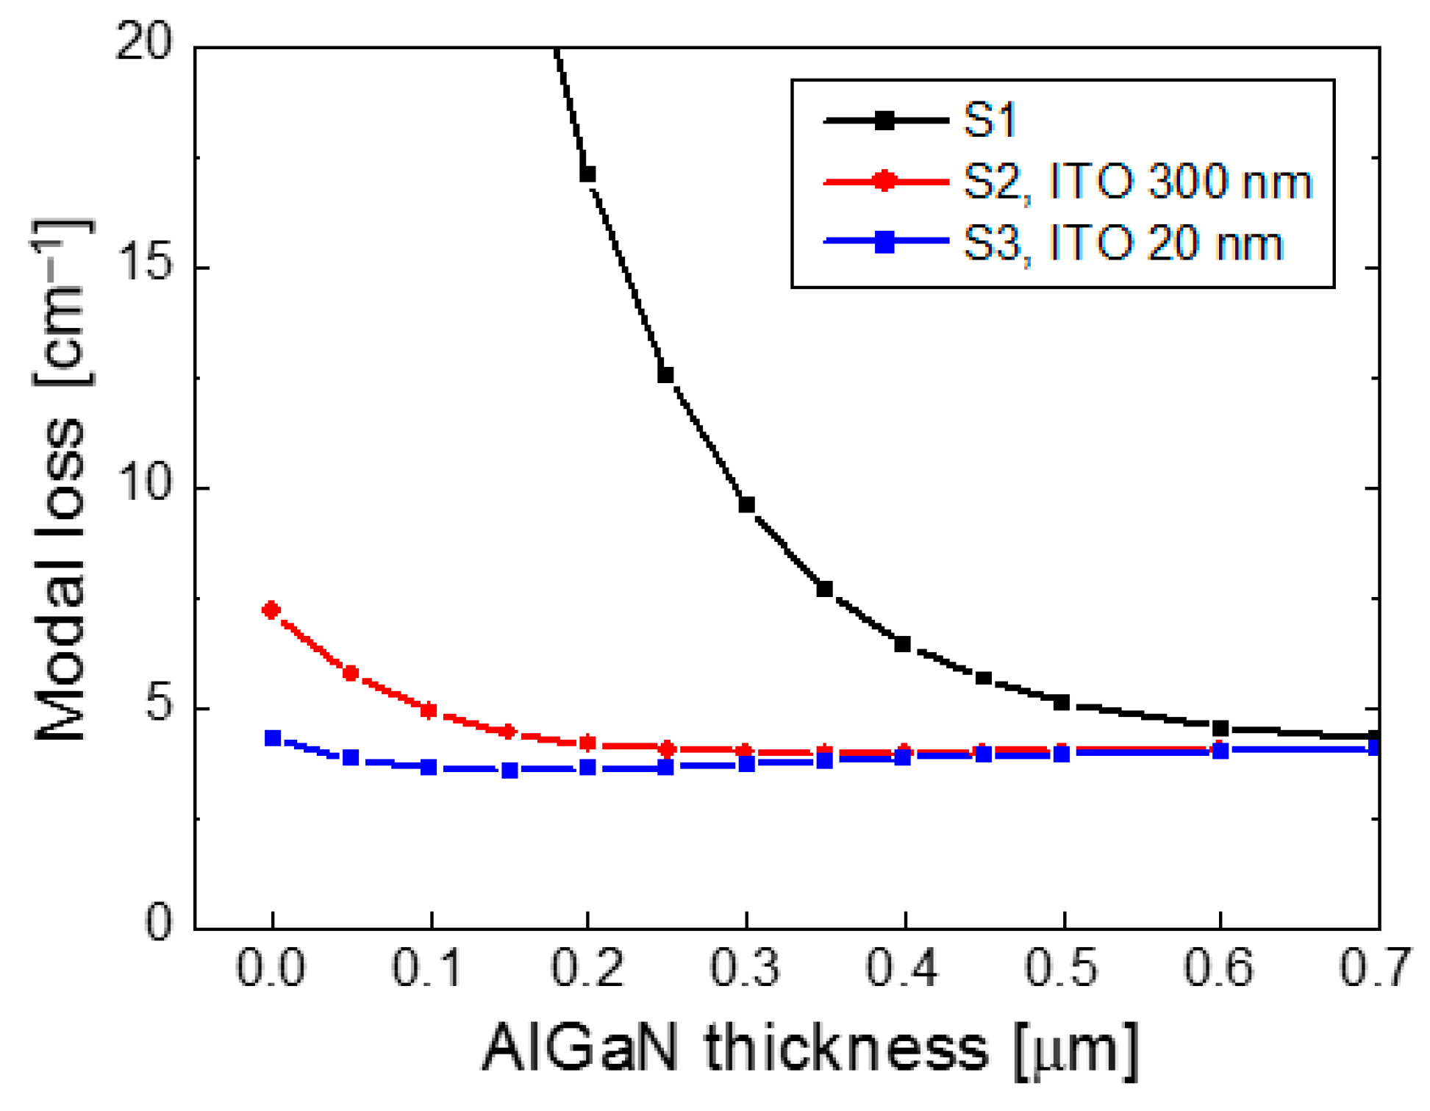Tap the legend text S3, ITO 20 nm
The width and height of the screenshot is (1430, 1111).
tap(1122, 243)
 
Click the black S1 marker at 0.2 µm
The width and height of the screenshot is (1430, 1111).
tap(587, 174)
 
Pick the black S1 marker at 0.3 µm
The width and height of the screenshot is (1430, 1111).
tap(746, 504)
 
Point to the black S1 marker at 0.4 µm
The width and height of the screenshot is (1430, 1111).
tap(903, 644)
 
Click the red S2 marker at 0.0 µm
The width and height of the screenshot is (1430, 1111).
tap(271, 610)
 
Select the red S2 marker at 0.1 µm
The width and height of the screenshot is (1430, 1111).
tap(429, 710)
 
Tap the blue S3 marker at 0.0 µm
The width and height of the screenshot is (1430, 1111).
tap(273, 737)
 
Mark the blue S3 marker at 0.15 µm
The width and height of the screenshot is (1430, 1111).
tap(510, 770)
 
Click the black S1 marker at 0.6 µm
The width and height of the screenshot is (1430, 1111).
tap(1220, 728)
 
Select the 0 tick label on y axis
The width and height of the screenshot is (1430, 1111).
tap(160, 920)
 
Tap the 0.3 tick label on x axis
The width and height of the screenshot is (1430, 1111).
tap(745, 968)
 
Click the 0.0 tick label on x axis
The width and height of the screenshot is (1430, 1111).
tap(271, 968)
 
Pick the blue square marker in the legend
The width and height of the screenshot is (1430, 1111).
tap(885, 242)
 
